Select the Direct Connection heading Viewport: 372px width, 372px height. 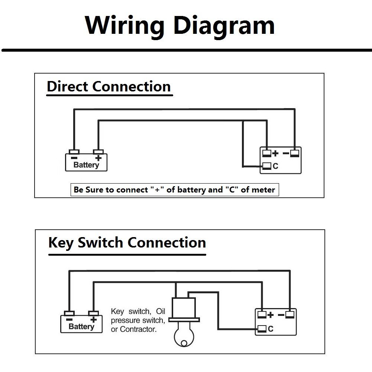tap(109, 87)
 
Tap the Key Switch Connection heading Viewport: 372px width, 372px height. tap(127, 243)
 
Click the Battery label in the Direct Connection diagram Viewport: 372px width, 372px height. tap(86, 165)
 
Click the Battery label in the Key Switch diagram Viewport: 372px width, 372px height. tap(81, 327)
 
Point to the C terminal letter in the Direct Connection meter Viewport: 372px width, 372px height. tap(275, 166)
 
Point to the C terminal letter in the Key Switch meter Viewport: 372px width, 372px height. tap(271, 329)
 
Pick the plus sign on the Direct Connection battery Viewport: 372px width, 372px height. tap(98, 158)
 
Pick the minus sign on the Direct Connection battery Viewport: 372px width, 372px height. tap(74, 158)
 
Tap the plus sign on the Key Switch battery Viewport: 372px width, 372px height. tap(94, 319)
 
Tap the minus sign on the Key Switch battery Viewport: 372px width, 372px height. tap(69, 319)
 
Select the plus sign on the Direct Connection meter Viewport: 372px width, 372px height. tap(275, 153)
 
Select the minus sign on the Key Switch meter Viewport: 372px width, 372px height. tap(281, 315)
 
